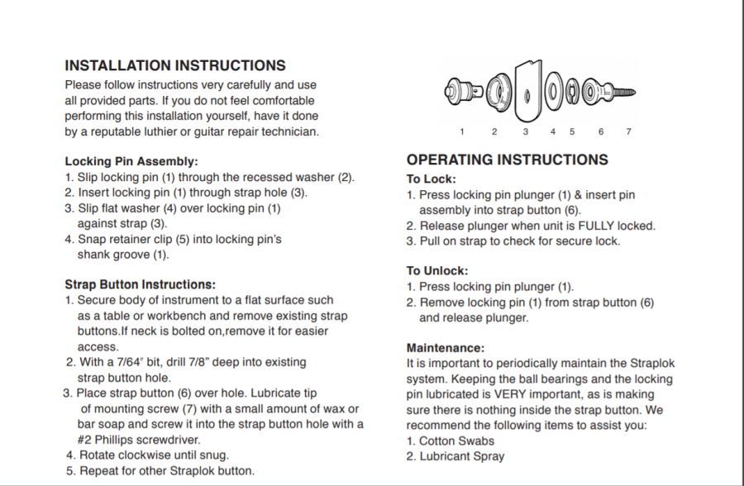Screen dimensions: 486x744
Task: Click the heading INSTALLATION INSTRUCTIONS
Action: (x=175, y=65)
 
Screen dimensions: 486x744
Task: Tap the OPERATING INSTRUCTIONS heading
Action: (x=507, y=160)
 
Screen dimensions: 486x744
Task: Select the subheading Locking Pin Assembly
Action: (x=131, y=161)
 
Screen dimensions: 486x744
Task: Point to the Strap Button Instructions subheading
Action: (x=140, y=284)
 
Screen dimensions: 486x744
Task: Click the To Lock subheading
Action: (x=431, y=179)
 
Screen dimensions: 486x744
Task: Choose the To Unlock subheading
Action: (x=437, y=270)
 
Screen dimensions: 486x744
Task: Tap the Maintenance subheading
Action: (x=446, y=348)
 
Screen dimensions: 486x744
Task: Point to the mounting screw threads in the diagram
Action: (x=624, y=89)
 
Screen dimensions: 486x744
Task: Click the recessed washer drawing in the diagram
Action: (x=494, y=88)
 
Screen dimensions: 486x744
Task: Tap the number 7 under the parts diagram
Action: (x=628, y=131)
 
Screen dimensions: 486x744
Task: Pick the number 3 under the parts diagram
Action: (x=525, y=131)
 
